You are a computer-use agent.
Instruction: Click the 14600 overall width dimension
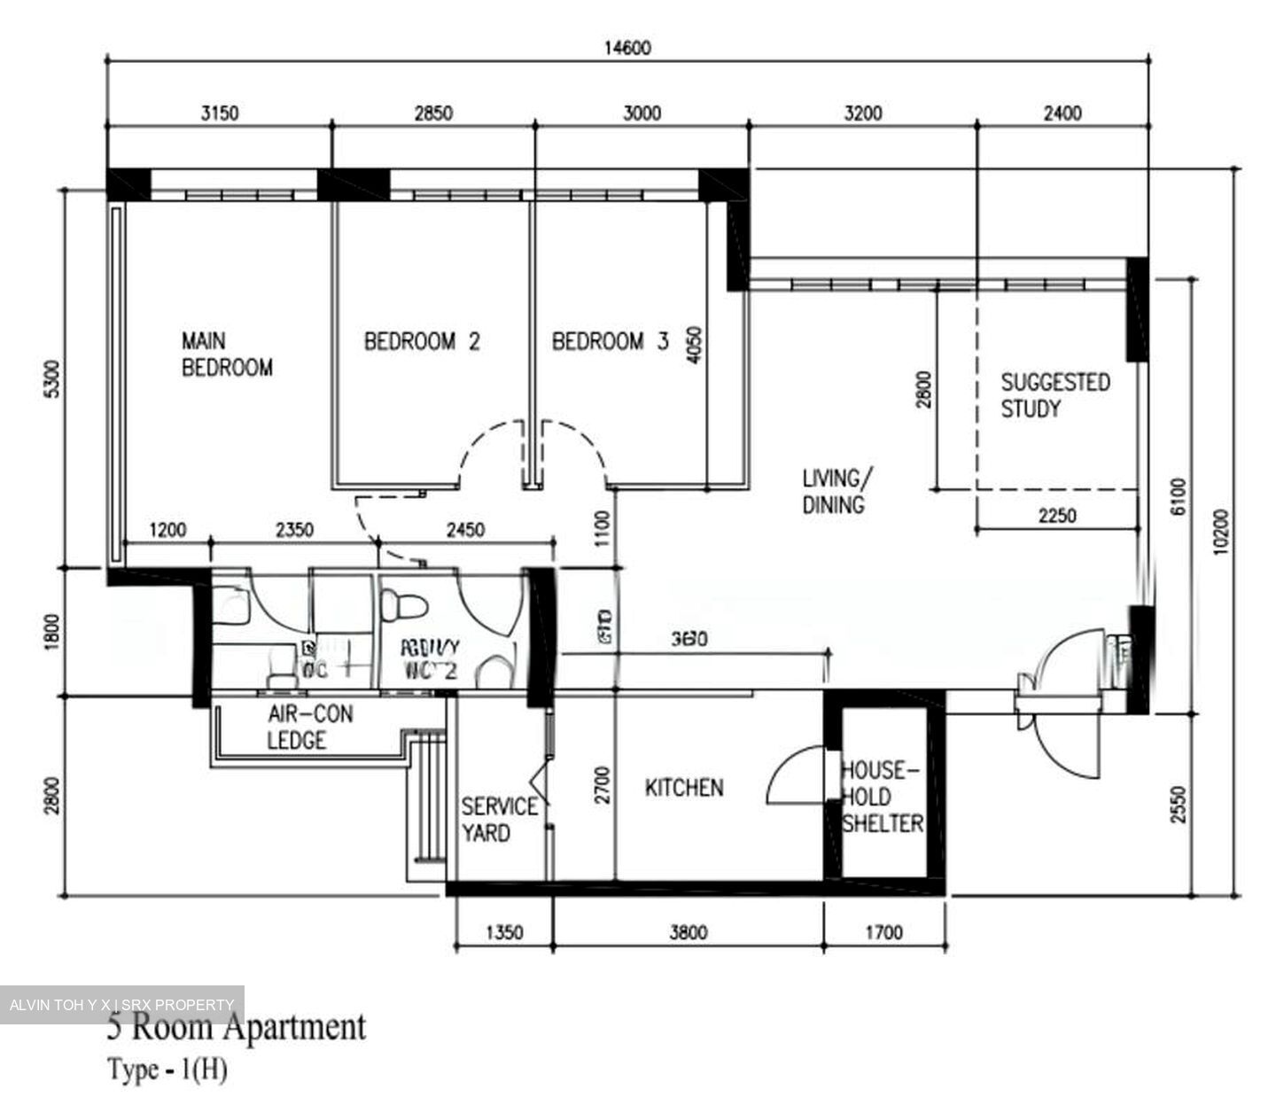[626, 48]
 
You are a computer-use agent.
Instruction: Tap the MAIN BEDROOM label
[227, 354]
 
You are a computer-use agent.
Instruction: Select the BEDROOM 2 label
[422, 341]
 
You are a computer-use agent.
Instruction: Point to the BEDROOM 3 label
[610, 341]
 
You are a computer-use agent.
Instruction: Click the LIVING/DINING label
[835, 492]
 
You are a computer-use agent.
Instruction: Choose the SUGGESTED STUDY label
[1054, 395]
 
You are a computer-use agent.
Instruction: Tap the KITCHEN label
[683, 788]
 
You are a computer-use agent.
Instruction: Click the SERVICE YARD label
[499, 820]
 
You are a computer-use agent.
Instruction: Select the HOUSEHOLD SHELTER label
[882, 797]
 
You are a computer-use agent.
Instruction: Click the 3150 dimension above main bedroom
[220, 113]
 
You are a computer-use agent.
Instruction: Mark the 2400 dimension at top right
[1062, 113]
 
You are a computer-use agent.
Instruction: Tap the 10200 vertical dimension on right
[1223, 532]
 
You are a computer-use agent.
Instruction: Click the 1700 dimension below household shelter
[883, 932]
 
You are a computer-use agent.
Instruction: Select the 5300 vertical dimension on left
[53, 378]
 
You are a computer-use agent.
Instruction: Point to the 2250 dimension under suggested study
[1057, 516]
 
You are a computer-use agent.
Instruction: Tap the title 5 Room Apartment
[236, 1028]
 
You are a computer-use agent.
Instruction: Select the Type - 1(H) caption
[167, 1070]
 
